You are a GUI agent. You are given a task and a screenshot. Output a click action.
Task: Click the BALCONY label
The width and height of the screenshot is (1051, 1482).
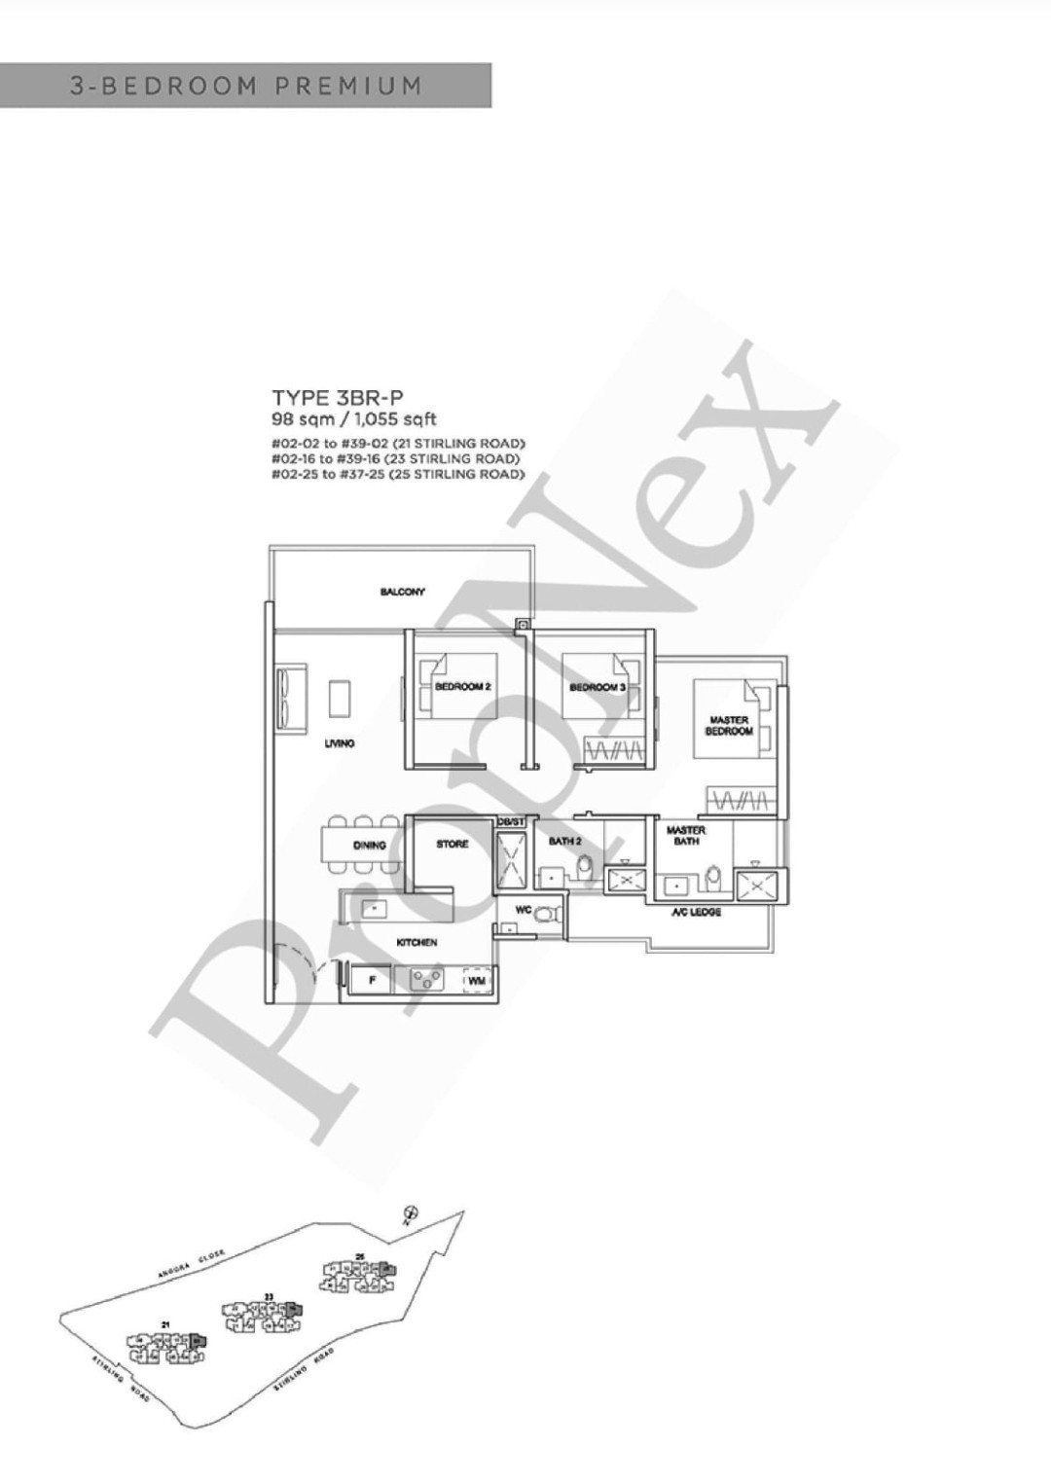(402, 592)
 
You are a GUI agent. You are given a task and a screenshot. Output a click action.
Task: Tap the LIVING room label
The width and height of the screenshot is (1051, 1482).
(340, 743)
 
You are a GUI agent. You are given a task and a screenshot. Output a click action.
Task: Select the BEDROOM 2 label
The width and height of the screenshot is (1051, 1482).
(462, 687)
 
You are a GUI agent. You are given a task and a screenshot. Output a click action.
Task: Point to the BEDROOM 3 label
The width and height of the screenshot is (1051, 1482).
(597, 687)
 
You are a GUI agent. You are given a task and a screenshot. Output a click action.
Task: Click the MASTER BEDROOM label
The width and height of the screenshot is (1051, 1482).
(729, 726)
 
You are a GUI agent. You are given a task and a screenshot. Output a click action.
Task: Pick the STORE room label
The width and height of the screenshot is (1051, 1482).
(452, 845)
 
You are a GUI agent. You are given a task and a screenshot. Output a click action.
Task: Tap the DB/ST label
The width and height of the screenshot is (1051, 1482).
(511, 823)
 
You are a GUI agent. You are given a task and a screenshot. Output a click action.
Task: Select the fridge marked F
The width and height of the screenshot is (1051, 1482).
(372, 981)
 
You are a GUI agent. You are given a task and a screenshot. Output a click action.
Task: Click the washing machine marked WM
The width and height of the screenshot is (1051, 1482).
(476, 981)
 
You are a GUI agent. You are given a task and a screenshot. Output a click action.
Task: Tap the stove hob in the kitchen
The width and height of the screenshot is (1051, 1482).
(426, 980)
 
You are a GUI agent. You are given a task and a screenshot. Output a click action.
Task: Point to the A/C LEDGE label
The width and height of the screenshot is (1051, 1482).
(696, 913)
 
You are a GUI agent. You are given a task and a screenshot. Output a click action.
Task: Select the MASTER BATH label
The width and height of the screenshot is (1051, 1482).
(686, 836)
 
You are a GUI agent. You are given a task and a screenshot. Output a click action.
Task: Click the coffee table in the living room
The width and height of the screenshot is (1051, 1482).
(340, 699)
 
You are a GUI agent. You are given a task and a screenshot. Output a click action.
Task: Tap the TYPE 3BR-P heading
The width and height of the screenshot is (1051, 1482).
(337, 397)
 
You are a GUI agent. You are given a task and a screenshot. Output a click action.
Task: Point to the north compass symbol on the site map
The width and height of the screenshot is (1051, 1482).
(411, 1211)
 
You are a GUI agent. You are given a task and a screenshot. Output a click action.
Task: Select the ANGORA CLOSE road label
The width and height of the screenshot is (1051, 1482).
(192, 1263)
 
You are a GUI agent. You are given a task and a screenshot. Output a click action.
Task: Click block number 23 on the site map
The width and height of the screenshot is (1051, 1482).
(269, 1296)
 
